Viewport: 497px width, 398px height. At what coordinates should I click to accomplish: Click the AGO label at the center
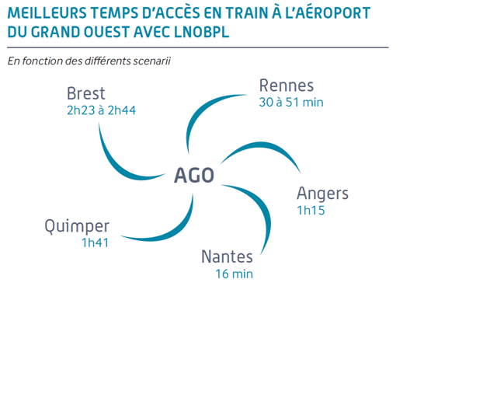click(x=194, y=175)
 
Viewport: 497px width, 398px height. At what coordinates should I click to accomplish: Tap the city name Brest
click(x=85, y=93)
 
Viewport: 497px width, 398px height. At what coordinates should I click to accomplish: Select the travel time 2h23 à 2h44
click(x=101, y=110)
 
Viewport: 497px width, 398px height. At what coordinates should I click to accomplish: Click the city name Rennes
click(x=287, y=86)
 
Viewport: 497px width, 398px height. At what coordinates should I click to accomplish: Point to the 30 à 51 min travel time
click(x=291, y=102)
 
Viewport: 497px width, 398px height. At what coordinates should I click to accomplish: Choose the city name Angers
click(x=322, y=194)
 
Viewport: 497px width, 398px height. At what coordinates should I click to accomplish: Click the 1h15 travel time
click(x=311, y=210)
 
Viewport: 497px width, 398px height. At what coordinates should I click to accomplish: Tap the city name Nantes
click(x=227, y=257)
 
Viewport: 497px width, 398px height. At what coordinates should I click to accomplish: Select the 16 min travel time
click(x=235, y=274)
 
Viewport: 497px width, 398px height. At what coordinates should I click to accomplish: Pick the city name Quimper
click(x=77, y=226)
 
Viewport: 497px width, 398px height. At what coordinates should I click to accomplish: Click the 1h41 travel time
click(x=95, y=243)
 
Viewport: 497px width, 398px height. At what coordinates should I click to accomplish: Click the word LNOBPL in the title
click(x=201, y=32)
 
